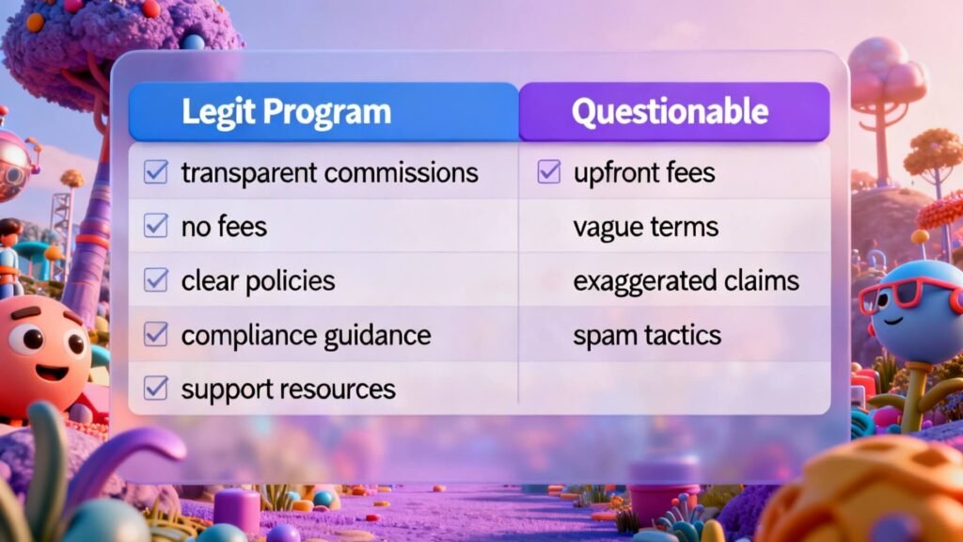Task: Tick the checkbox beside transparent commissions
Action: [155, 172]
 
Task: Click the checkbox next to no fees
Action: [155, 226]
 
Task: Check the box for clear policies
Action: [155, 279]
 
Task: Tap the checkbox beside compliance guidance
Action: [155, 334]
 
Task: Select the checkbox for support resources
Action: [155, 388]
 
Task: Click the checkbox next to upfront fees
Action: [549, 172]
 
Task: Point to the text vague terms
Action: [645, 226]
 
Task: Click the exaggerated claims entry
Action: [686, 280]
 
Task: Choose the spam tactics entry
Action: [646, 335]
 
